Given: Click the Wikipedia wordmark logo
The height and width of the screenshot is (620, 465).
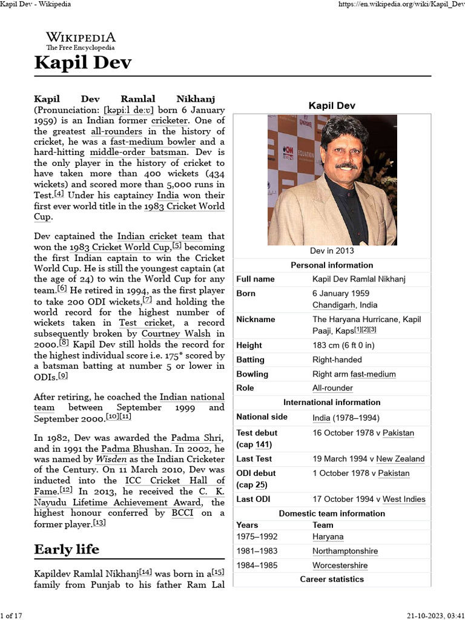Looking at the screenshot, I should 81,40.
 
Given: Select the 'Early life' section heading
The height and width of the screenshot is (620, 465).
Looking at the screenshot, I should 67,549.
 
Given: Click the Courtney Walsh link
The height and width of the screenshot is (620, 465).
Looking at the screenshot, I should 176,333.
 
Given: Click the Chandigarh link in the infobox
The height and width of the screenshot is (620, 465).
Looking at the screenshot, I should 334,305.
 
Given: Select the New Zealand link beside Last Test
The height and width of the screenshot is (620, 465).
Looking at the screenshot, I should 400,458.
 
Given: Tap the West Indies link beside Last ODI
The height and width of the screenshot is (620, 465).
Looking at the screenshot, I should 404,499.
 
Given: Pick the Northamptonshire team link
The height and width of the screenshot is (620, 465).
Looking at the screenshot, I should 345,551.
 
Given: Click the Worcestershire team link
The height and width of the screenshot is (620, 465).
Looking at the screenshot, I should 340,565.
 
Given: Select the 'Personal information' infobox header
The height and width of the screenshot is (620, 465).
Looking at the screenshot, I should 332,265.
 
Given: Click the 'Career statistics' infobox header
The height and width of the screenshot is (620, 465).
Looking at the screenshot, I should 332,579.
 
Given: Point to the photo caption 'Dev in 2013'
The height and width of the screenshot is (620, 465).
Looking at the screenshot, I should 332,251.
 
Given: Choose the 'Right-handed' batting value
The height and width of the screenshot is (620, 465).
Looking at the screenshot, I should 337,360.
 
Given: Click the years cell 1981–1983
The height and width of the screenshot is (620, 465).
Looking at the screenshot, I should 259,551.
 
